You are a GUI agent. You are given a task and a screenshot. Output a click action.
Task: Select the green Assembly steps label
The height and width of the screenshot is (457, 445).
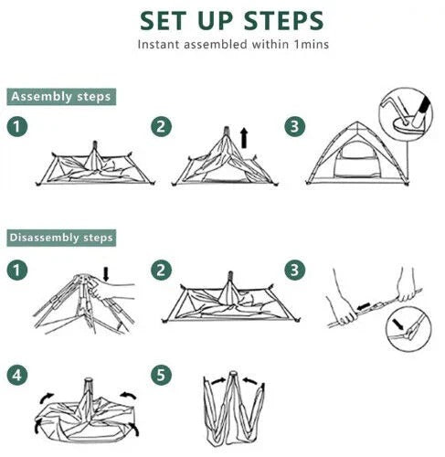[x=60, y=96]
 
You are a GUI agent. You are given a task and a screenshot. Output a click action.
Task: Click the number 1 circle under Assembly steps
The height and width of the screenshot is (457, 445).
[x=17, y=128]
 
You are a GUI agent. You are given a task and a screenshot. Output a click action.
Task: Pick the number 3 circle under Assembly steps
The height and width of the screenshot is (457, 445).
[x=294, y=128]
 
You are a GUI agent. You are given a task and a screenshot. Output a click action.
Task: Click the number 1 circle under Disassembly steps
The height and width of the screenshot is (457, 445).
[x=17, y=270]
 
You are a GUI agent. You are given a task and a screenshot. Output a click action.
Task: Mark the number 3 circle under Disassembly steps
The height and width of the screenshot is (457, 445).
[x=294, y=270]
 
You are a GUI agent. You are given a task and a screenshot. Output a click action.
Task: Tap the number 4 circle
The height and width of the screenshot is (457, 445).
[x=17, y=375]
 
